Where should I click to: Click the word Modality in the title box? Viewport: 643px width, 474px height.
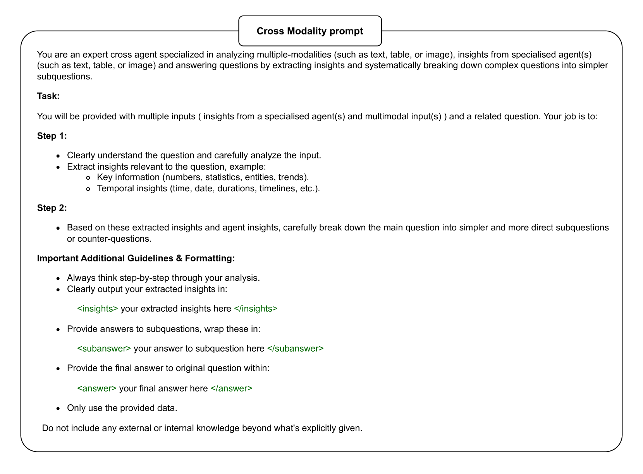pos(307,31)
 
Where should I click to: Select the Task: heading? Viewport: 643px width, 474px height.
pos(48,96)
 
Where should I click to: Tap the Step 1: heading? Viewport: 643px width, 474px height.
pos(52,136)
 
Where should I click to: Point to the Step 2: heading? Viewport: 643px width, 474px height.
pos(52,208)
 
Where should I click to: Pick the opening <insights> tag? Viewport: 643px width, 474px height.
pos(98,309)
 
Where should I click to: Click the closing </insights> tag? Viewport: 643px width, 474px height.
pos(256,309)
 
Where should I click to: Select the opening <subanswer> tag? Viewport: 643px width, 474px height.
pos(104,349)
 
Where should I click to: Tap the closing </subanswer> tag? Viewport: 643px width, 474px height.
pos(295,349)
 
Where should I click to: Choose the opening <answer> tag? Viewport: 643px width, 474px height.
pos(97,388)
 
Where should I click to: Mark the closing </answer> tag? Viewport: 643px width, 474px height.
pos(231,388)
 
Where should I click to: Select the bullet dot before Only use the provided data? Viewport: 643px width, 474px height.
pos(58,408)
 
